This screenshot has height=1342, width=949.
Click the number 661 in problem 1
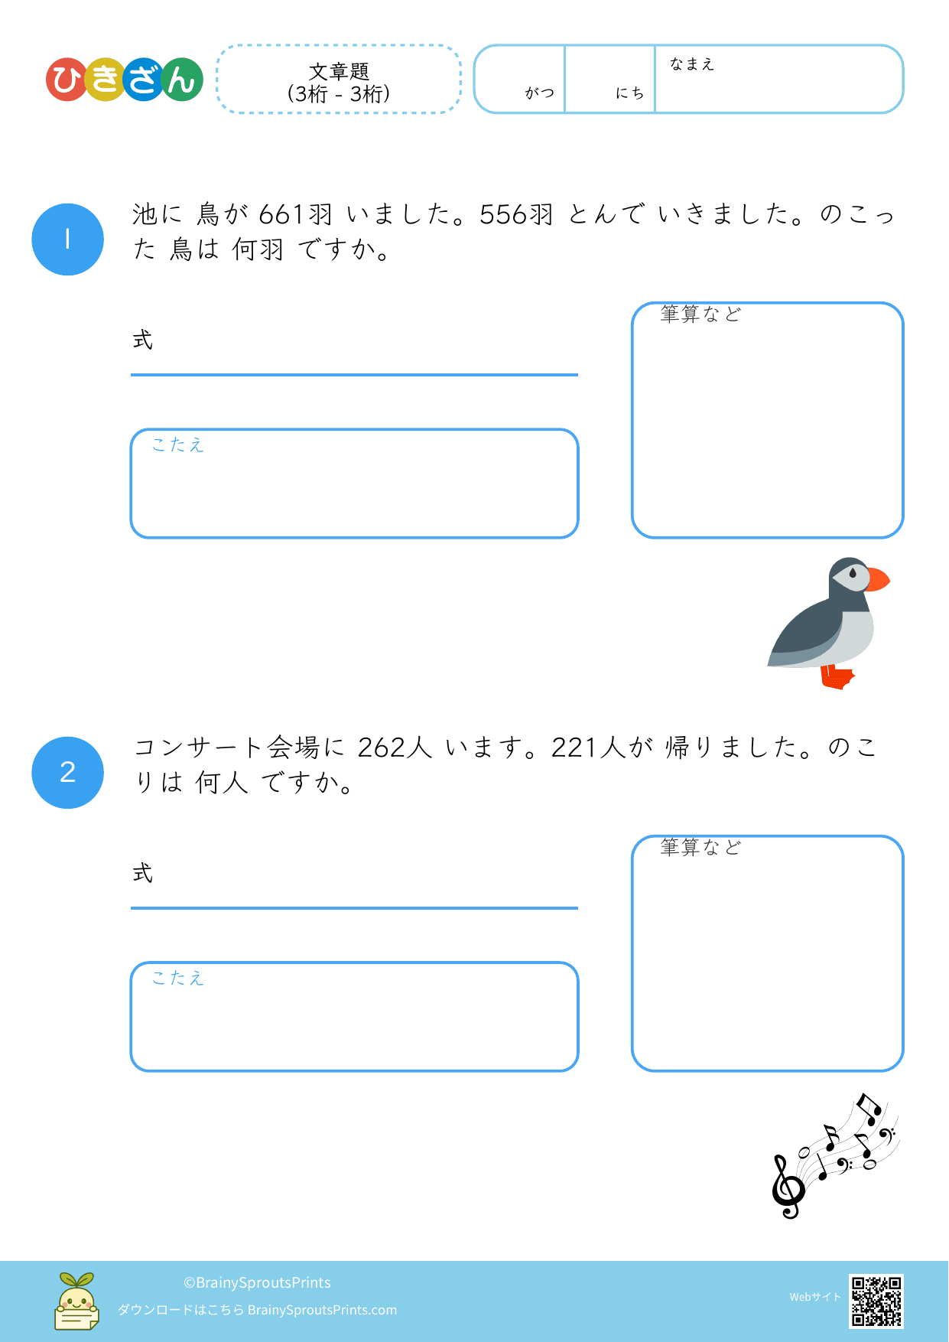[281, 214]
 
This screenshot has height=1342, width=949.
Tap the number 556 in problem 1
[504, 214]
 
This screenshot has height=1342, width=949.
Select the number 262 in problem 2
[382, 748]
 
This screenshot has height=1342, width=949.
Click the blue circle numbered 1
[67, 239]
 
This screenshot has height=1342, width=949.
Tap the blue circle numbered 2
[67, 773]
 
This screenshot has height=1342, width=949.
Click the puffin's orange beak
[878, 579]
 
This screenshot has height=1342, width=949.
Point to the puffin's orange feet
[837, 677]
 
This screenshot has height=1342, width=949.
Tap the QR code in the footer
[876, 1301]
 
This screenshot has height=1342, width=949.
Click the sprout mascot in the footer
[76, 1301]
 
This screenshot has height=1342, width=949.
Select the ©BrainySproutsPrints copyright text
[257, 1282]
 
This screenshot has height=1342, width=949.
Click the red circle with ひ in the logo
[67, 80]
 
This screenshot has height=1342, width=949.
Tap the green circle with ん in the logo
[182, 80]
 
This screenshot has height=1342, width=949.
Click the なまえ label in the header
[692, 64]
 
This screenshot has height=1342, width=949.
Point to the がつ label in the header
[540, 93]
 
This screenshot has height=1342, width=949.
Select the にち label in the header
[630, 93]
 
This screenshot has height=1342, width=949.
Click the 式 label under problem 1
[143, 340]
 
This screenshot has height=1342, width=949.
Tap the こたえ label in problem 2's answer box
[178, 978]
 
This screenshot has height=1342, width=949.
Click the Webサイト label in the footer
[815, 1297]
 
